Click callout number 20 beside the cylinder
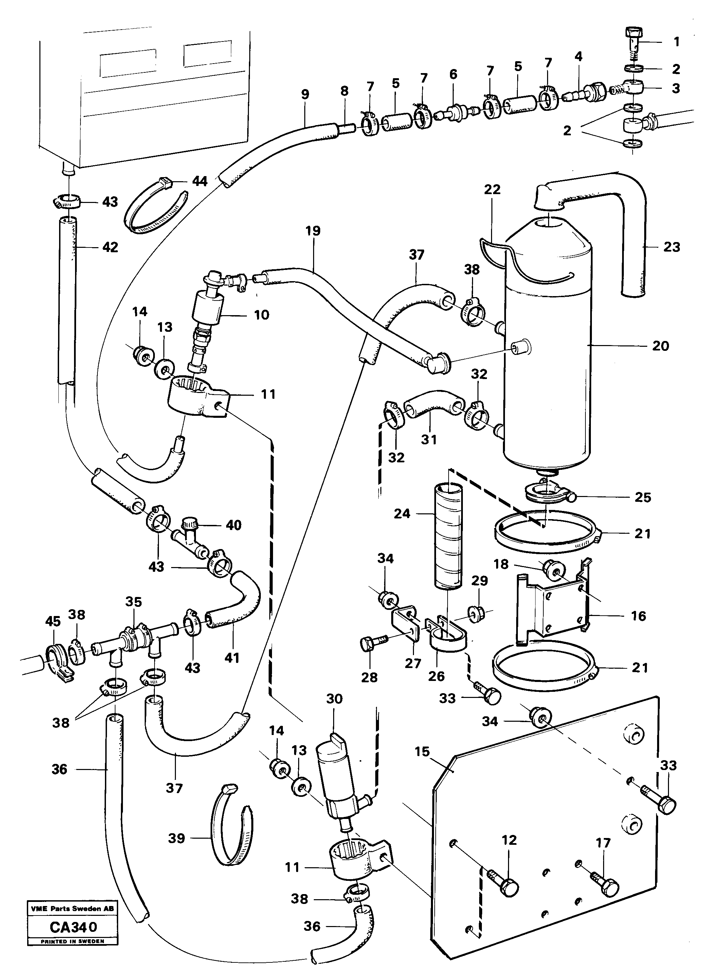pyautogui.click(x=660, y=346)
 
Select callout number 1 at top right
pyautogui.click(x=676, y=42)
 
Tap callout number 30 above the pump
pyautogui.click(x=334, y=699)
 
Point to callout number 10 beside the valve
pyautogui.click(x=261, y=315)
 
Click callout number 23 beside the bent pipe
pyautogui.click(x=672, y=247)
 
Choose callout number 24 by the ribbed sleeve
pyautogui.click(x=402, y=513)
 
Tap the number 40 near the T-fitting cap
pyautogui.click(x=234, y=525)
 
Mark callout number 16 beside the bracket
pyautogui.click(x=638, y=616)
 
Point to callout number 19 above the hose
pyautogui.click(x=313, y=231)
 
